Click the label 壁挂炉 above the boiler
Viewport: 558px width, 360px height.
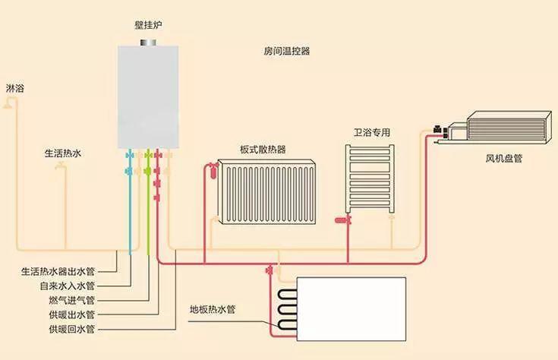click(147, 25)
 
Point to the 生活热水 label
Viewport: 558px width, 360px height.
click(63, 153)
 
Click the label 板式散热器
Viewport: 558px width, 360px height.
click(263, 149)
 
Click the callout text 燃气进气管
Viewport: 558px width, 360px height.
click(72, 300)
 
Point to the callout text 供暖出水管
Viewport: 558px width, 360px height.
click(72, 314)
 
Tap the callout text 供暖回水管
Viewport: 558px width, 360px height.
click(72, 329)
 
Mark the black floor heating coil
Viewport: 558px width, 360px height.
click(285, 310)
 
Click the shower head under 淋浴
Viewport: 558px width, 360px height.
click(8, 107)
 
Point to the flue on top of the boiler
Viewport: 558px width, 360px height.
click(148, 39)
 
